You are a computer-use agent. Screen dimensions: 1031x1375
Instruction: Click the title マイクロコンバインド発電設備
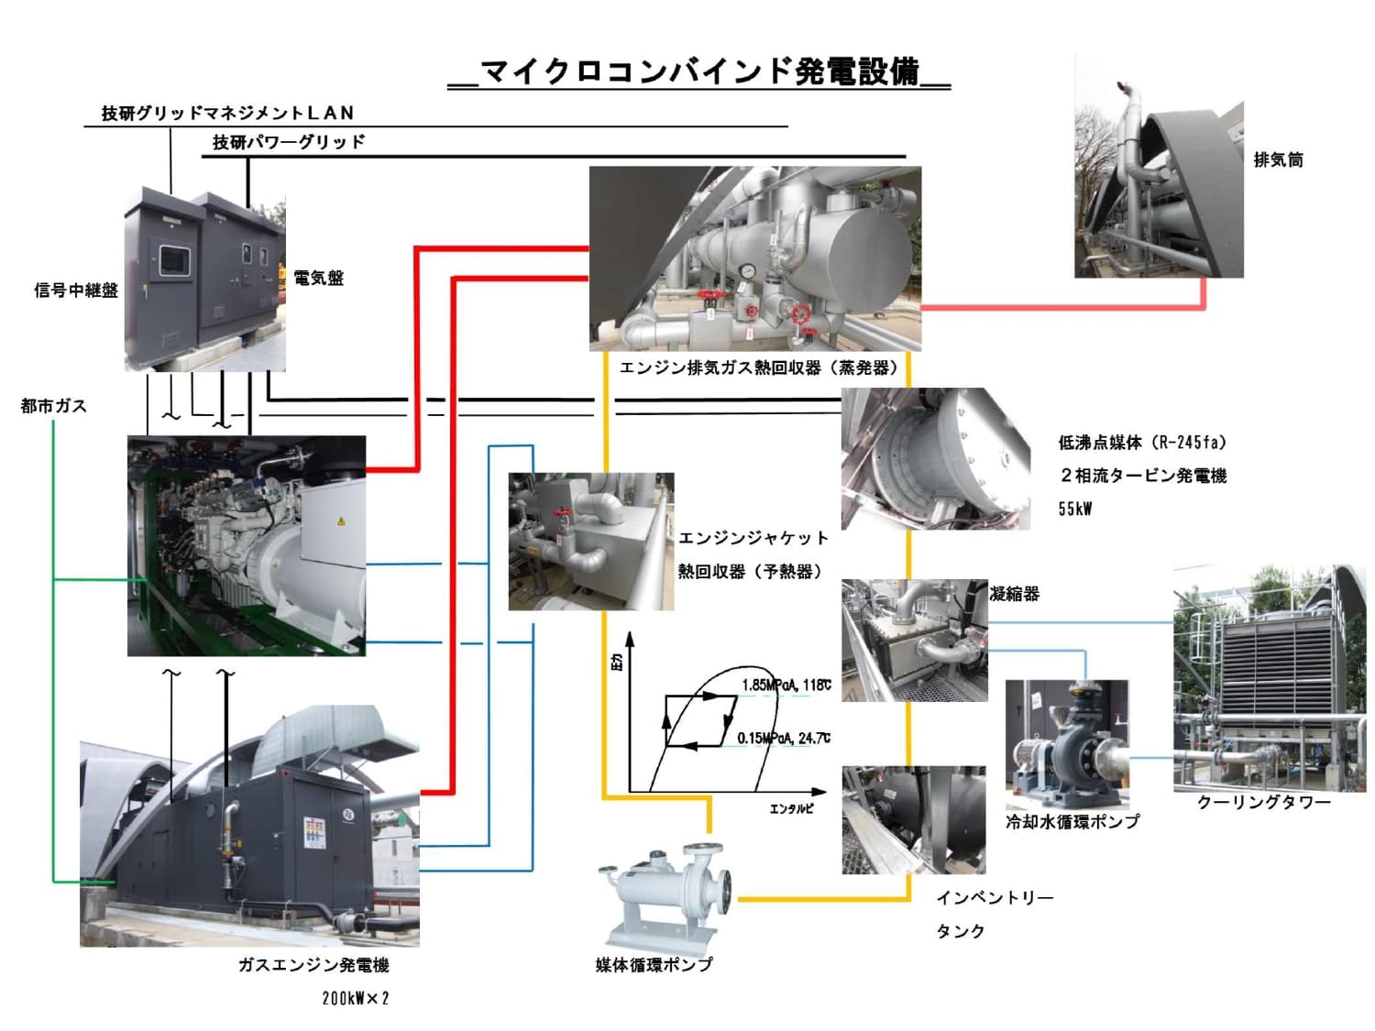[x=698, y=71]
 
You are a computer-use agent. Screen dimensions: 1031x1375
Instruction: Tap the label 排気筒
[x=1278, y=160]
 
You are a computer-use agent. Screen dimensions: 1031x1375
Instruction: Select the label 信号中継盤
[x=76, y=291]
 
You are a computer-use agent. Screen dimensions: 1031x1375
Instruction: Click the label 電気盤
[x=318, y=278]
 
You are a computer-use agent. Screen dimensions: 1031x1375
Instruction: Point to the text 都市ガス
[x=53, y=406]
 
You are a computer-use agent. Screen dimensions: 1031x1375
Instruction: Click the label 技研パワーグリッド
[x=289, y=142]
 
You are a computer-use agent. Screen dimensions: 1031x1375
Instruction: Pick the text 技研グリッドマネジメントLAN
[x=227, y=113]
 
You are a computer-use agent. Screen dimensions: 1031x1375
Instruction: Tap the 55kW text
[x=1075, y=510]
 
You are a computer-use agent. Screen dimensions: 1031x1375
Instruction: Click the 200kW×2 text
[x=356, y=998]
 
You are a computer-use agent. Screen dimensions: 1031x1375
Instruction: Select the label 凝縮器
[x=1015, y=594]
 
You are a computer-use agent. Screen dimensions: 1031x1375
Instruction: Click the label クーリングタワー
[x=1263, y=803]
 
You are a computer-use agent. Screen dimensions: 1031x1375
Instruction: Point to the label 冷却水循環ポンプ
[x=1072, y=822]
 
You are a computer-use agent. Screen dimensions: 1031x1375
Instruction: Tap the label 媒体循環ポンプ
[x=654, y=964]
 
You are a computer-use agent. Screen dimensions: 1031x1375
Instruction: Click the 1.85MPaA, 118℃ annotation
[x=786, y=685]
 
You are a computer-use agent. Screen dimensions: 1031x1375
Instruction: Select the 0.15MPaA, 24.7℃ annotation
[x=783, y=738]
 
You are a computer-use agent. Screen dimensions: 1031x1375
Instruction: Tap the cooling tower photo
[x=1269, y=678]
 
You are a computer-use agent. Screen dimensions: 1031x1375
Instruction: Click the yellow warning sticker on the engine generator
[x=341, y=521]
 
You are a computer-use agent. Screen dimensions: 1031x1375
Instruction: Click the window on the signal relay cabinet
[x=173, y=259]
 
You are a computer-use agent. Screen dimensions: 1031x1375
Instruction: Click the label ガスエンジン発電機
[x=313, y=965]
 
